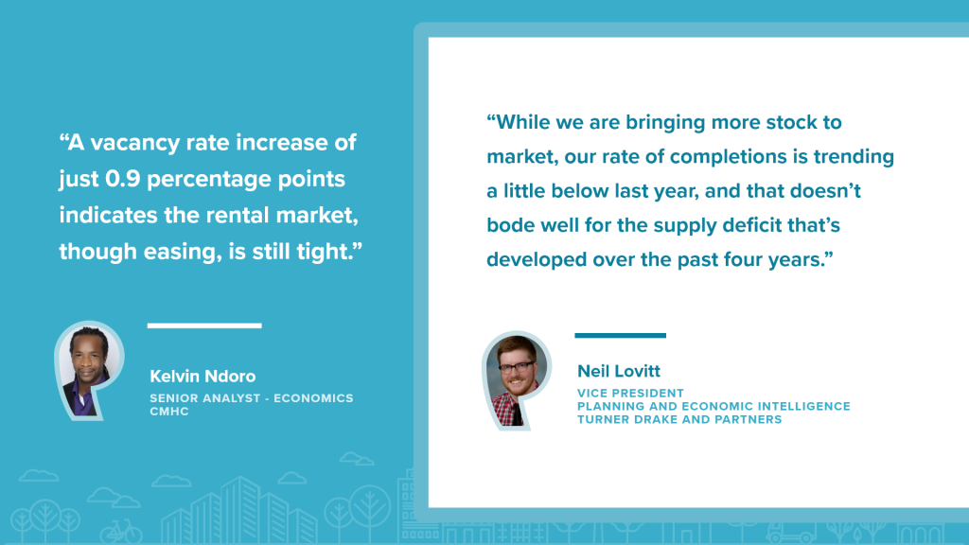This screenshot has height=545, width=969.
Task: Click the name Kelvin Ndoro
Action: click(203, 376)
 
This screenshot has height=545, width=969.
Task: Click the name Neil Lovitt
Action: click(619, 371)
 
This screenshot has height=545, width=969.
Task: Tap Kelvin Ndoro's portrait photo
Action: click(90, 371)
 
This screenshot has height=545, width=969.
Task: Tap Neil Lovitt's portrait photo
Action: click(518, 380)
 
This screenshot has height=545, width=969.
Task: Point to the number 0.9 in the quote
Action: click(123, 179)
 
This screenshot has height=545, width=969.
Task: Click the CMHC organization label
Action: click(168, 412)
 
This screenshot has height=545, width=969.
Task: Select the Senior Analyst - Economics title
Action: click(252, 398)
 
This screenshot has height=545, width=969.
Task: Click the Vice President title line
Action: click(630, 393)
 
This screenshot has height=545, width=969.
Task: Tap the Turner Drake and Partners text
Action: click(679, 419)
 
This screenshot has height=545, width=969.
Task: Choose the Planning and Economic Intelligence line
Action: click(714, 406)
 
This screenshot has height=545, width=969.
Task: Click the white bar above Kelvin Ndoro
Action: click(204, 325)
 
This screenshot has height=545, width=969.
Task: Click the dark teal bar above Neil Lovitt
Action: click(621, 336)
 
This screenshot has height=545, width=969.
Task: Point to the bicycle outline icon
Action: click(121, 531)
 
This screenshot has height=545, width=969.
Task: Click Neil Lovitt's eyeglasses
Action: click(517, 367)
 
